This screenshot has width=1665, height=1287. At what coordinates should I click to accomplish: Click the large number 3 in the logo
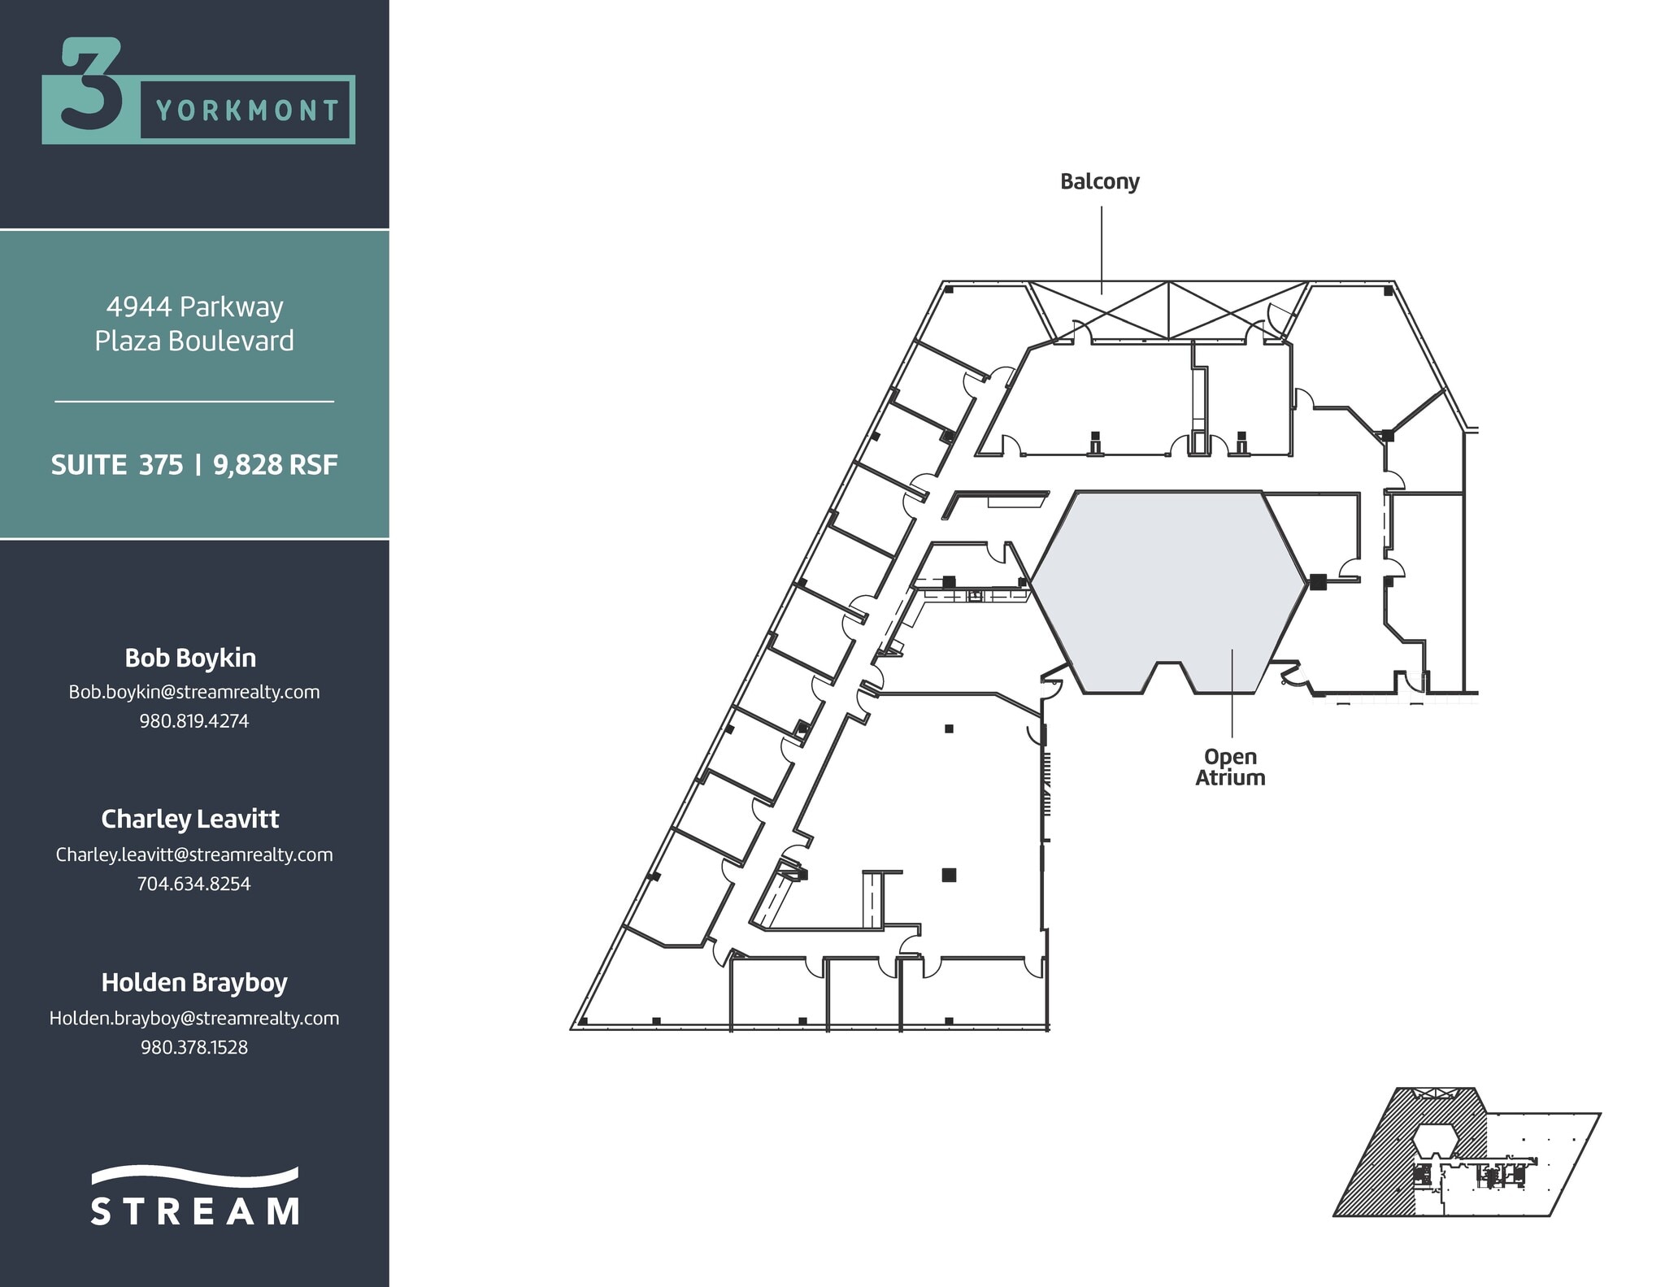[x=91, y=85]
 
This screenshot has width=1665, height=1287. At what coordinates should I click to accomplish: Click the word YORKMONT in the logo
[x=247, y=111]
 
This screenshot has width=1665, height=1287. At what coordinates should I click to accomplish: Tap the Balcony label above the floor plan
[x=1099, y=181]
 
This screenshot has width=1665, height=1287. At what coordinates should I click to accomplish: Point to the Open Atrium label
[x=1230, y=767]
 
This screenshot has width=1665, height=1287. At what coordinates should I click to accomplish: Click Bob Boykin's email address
[x=194, y=692]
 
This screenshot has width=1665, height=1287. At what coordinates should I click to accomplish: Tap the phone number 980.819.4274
[x=194, y=721]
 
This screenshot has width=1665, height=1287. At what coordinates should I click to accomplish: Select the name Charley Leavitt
[x=190, y=819]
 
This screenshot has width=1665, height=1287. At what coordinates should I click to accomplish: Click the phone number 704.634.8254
[x=194, y=884]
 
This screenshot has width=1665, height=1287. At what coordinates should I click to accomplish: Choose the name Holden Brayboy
[x=194, y=982]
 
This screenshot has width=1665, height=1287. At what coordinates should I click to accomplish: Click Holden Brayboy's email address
[x=194, y=1018]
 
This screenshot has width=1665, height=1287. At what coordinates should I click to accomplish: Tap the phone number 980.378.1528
[x=194, y=1047]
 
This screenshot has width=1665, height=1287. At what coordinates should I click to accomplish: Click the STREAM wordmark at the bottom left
[x=194, y=1210]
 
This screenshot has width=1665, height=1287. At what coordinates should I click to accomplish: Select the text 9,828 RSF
[x=276, y=465]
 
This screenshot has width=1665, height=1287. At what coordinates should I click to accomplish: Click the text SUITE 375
[x=117, y=465]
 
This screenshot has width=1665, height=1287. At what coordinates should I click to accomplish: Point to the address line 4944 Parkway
[x=194, y=307]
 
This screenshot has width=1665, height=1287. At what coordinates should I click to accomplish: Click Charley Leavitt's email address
[x=194, y=854]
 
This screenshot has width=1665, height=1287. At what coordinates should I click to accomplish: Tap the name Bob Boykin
[x=190, y=658]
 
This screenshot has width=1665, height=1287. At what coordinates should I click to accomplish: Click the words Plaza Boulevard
[x=194, y=341]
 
